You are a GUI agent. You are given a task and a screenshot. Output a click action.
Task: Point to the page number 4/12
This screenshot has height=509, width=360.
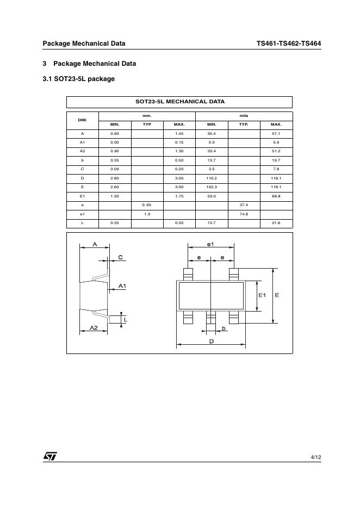click(315, 457)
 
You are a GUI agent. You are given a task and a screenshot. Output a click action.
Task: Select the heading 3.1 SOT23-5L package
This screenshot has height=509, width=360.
click(78, 79)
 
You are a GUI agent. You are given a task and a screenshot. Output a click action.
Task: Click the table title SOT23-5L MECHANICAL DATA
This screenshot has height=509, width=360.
click(179, 102)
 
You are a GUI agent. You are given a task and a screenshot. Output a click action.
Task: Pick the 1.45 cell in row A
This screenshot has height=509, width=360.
click(179, 134)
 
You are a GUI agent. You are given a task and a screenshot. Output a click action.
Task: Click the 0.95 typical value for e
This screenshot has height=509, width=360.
click(147, 205)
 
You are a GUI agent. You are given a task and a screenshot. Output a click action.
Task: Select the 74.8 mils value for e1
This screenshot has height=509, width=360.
click(244, 214)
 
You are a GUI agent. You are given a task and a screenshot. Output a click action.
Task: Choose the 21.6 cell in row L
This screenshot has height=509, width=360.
click(276, 223)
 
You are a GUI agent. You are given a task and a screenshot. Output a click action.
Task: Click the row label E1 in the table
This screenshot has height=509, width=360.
click(82, 196)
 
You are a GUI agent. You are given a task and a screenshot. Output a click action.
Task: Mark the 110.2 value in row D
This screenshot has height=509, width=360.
click(212, 178)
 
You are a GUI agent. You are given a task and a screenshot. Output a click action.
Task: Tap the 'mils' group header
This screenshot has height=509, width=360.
click(244, 116)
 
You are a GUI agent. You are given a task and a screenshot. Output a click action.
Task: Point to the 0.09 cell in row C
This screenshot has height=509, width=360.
click(115, 169)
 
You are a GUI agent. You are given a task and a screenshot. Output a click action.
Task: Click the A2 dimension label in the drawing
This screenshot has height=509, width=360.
click(94, 328)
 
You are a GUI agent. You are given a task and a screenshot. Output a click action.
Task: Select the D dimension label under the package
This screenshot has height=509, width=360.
click(211, 341)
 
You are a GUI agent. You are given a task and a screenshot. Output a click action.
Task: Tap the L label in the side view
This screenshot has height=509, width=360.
click(125, 320)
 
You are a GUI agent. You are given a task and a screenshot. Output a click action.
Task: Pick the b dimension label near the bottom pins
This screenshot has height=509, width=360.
click(224, 328)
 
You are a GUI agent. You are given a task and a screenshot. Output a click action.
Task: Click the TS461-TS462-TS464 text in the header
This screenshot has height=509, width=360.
click(288, 44)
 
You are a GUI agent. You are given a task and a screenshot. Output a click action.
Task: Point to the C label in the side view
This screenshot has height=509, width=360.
click(120, 257)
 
